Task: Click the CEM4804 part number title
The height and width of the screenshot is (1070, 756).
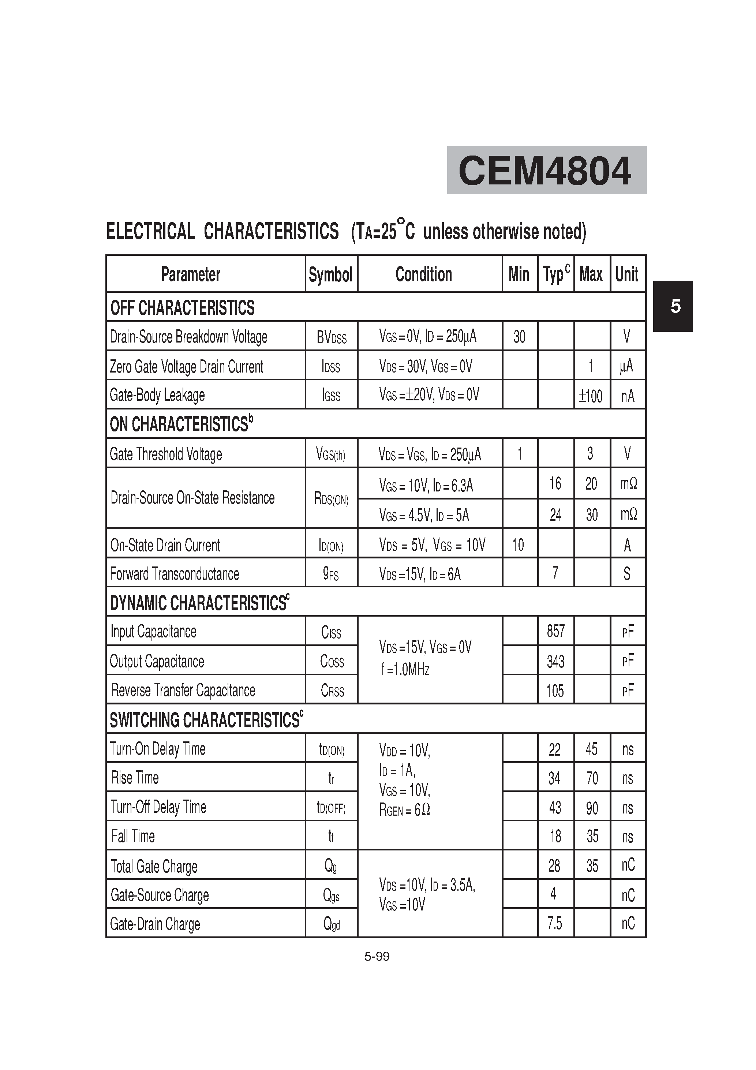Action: [545, 171]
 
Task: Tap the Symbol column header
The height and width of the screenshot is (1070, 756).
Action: [330, 274]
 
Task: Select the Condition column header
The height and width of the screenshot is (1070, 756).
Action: [424, 274]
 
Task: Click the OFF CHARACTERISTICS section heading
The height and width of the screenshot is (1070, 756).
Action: [182, 308]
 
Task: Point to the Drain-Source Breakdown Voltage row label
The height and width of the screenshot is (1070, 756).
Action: [189, 336]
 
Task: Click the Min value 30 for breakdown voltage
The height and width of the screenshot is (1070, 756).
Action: [519, 336]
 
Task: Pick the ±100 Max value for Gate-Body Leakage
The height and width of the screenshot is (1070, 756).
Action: [591, 396]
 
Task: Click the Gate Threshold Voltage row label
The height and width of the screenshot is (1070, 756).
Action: [166, 454]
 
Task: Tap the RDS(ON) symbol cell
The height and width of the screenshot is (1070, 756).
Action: [332, 499]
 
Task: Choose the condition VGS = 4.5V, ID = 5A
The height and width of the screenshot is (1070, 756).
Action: [424, 515]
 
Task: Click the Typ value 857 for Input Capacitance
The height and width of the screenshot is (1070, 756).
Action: [555, 631]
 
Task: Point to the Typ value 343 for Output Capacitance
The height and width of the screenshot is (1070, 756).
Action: [555, 661]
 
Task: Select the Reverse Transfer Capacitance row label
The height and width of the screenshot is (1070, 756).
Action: [183, 690]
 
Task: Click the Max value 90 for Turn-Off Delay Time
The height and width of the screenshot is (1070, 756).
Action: [591, 808]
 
